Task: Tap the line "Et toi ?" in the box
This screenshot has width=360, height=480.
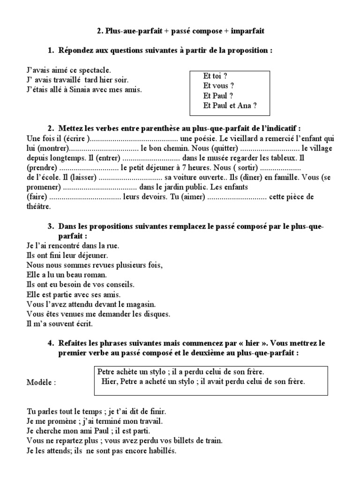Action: click(x=215, y=76)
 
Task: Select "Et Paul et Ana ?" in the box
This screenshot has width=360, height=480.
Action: click(x=230, y=105)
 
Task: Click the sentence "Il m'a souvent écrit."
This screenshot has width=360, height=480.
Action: click(x=60, y=323)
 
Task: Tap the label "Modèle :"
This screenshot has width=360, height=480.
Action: click(x=41, y=382)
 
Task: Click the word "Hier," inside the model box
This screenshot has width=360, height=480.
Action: click(x=110, y=381)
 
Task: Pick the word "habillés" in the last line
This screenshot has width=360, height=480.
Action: click(x=162, y=450)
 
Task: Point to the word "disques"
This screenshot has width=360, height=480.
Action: click(x=157, y=314)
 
